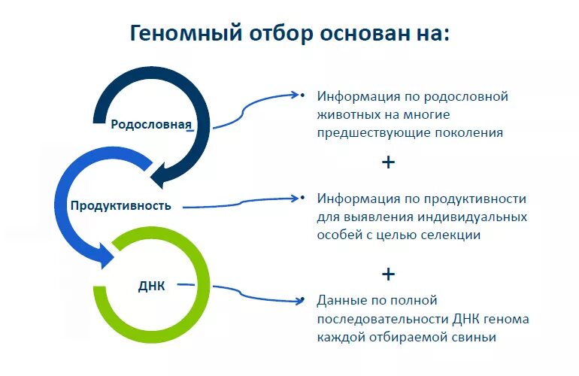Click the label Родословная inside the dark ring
tap(150, 125)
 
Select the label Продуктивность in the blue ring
tap(121, 205)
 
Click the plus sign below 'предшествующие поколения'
tap(388, 162)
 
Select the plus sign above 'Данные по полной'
tap(388, 274)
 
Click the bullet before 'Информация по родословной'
tap(302, 96)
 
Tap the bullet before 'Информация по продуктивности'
tap(302, 199)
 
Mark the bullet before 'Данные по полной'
tap(302, 300)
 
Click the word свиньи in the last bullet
tap(475, 338)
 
